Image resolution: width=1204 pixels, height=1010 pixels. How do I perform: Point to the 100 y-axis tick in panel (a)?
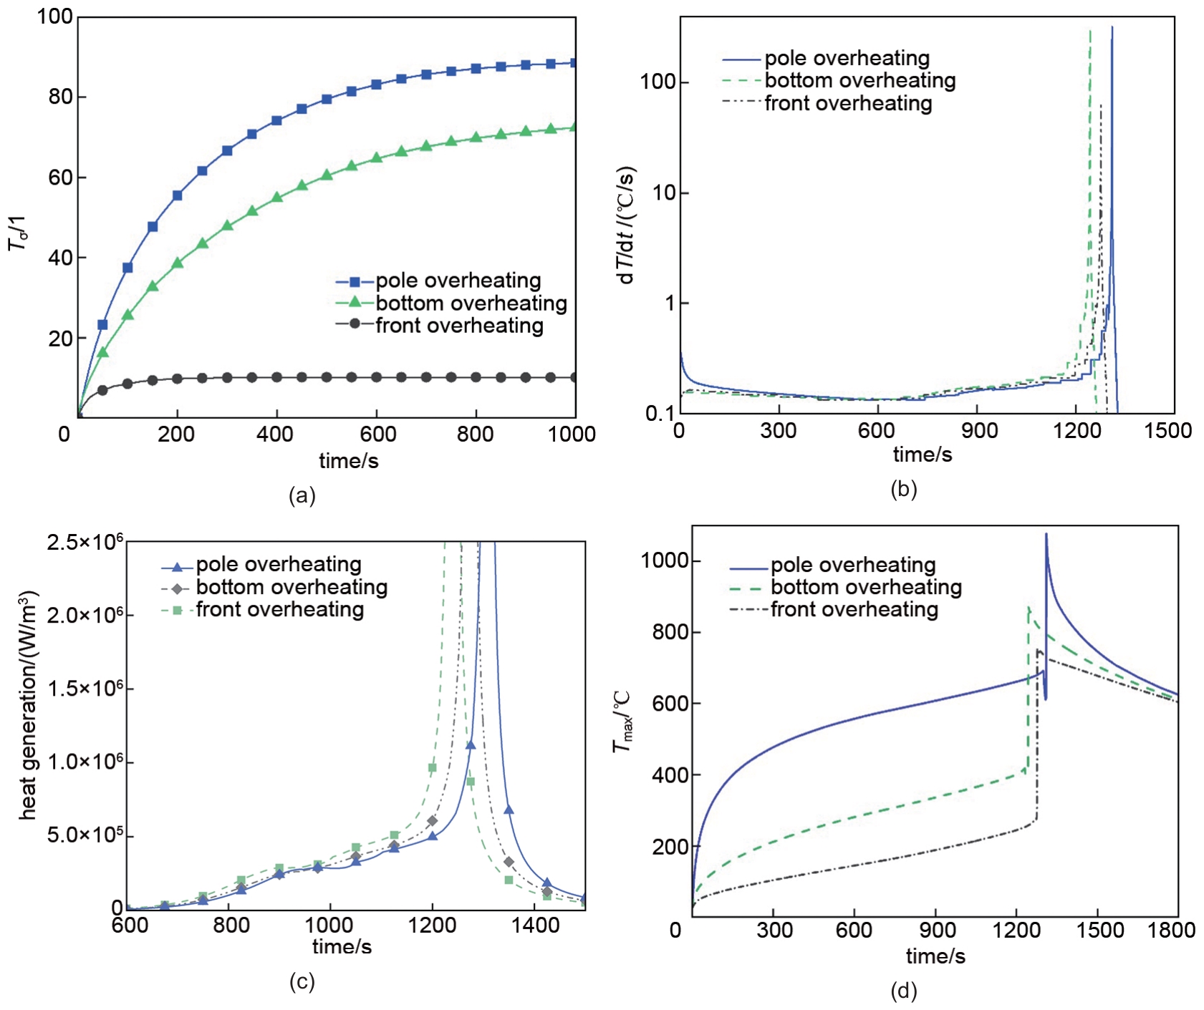tap(55, 16)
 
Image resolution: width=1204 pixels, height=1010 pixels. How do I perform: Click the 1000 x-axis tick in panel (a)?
tap(572, 434)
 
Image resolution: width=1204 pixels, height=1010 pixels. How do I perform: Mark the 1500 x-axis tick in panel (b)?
tap(1167, 431)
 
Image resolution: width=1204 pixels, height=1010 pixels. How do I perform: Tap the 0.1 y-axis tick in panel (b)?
tap(660, 414)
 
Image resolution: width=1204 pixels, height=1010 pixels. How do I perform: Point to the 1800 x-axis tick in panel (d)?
tap(1171, 931)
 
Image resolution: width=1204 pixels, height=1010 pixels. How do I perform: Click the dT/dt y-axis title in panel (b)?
tap(627, 225)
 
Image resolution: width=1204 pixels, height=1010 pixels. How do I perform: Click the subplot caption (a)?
tap(302, 495)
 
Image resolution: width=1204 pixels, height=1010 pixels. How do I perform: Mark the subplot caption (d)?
tap(903, 991)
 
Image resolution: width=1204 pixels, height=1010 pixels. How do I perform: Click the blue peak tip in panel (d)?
tap(1046, 534)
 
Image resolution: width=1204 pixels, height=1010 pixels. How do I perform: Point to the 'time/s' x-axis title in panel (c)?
tap(342, 947)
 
